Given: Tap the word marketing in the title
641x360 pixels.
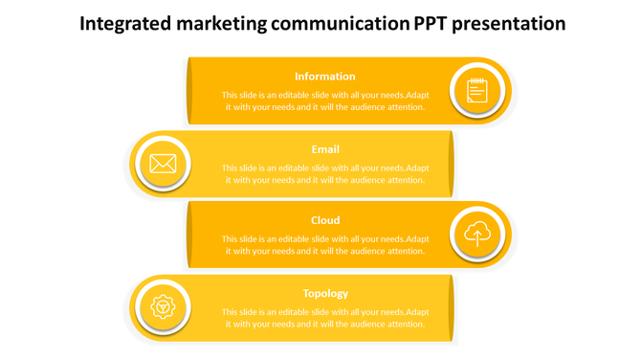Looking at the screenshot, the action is point(219,24).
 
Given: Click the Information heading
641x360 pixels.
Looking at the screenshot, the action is point(325,77).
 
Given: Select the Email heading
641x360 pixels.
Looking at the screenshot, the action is point(325,149).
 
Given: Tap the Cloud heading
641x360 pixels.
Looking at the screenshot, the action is point(325,220).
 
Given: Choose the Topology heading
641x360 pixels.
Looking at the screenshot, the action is point(325,293).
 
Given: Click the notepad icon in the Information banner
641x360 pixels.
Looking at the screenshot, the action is point(477,91).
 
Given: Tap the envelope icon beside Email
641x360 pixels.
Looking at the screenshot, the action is point(164,164).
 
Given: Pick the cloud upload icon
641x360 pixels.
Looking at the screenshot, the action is point(477,234).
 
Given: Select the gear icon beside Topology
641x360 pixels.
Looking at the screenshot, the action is point(164,307).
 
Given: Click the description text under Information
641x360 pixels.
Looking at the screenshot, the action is point(325,101).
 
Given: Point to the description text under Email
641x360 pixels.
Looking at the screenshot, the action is point(325,174).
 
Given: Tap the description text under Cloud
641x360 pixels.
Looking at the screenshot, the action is point(325,245).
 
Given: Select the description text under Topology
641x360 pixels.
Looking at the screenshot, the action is point(325,318).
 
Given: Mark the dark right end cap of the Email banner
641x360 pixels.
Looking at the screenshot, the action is point(451,164).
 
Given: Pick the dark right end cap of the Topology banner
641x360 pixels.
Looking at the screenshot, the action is point(451,307).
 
